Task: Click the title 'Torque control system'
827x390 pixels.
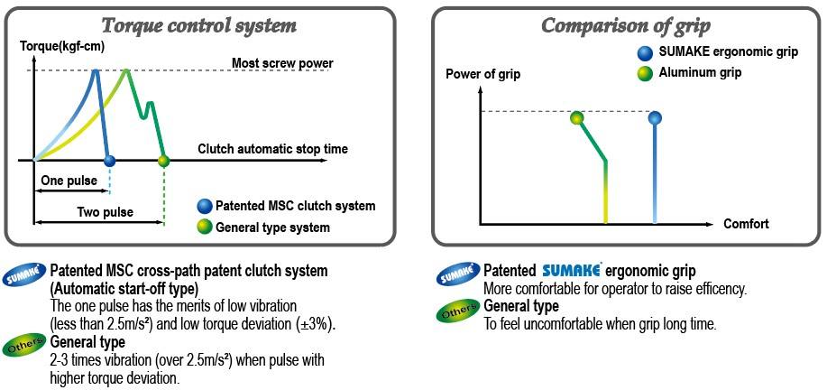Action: [199, 25]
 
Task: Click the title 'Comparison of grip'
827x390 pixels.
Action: [627, 25]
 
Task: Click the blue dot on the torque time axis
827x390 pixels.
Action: [109, 162]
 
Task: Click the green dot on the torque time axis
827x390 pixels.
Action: [163, 162]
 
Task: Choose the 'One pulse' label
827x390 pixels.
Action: [69, 181]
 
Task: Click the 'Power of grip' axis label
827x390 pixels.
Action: [483, 74]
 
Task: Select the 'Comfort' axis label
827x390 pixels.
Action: [746, 224]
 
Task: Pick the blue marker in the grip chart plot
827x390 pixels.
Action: [656, 117]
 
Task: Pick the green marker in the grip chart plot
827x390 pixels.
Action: [577, 117]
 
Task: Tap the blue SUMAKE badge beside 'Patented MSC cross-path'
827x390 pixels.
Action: [24, 275]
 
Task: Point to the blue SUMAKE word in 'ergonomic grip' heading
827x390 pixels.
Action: [577, 271]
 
